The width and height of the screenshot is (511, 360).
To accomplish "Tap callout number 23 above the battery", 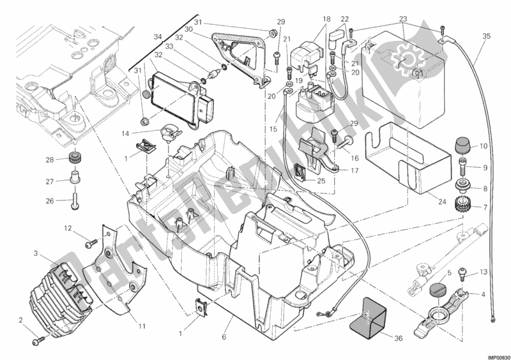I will (404, 19).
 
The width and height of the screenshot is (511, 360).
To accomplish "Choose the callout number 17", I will (353, 171).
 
